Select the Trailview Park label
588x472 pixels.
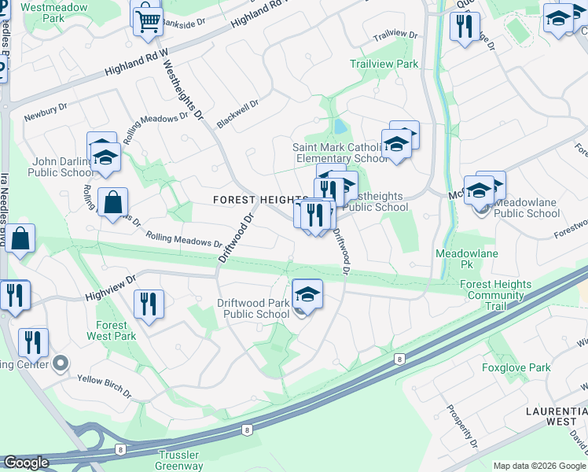pyautogui.click(x=384, y=64)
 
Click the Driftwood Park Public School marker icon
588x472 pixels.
pyautogui.click(x=307, y=296)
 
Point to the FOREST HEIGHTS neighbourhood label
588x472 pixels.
pyautogui.click(x=259, y=200)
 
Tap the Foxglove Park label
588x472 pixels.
pyautogui.click(x=516, y=367)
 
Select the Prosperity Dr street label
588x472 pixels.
pyautogui.click(x=461, y=426)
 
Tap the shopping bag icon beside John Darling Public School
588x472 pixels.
pyautogui.click(x=113, y=203)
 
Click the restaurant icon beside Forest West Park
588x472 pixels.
pyautogui.click(x=148, y=303)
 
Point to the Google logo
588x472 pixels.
pyautogui.click(x=26, y=463)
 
